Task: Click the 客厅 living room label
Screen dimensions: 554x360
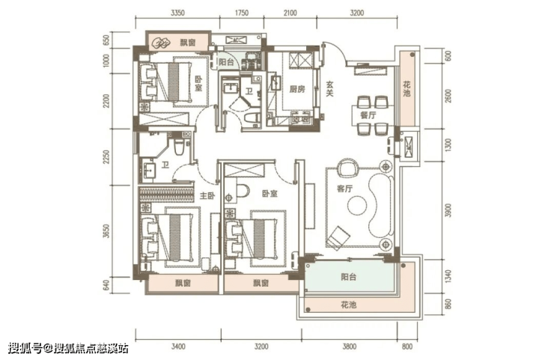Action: click(344, 189)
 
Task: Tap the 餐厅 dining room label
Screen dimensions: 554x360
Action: click(368, 115)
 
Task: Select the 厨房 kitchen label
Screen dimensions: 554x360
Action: click(296, 89)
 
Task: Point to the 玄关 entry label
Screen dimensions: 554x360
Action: click(329, 88)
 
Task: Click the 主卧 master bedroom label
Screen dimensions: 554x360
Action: click(207, 196)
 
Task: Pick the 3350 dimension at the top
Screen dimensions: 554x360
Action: click(177, 13)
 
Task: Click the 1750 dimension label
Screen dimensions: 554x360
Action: click(242, 13)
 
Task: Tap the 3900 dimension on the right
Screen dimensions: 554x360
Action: click(448, 210)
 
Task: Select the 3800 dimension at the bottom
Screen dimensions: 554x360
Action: click(349, 347)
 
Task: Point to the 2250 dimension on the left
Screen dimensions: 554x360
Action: click(106, 157)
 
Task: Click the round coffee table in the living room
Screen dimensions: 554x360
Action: click(357, 205)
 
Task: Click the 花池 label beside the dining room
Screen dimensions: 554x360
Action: click(407, 88)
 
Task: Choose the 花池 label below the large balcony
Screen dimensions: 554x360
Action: click(348, 305)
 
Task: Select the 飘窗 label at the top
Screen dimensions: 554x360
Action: click(188, 43)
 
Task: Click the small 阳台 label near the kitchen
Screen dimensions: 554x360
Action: click(226, 62)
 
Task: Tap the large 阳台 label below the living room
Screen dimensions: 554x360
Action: click(348, 277)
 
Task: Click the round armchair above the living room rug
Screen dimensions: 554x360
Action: click(347, 168)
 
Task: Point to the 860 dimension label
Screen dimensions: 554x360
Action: click(448, 304)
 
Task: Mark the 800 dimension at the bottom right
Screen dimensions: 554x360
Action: click(407, 347)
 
